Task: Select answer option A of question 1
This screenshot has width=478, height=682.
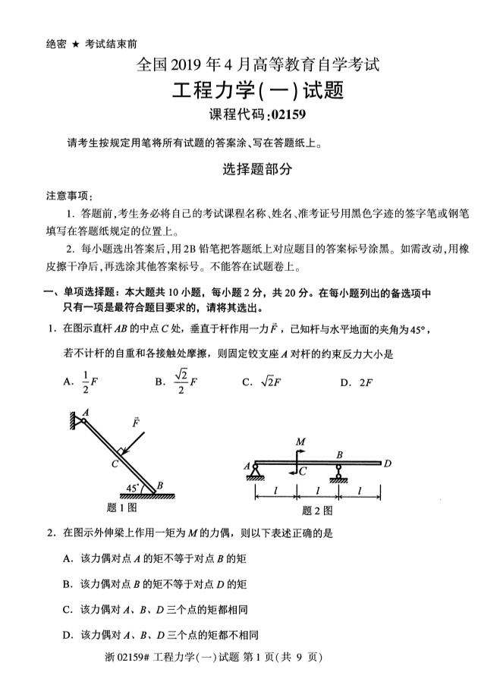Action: pyautogui.click(x=77, y=382)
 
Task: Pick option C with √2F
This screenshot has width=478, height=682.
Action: pyautogui.click(x=262, y=382)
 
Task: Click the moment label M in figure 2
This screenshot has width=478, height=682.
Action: pyautogui.click(x=300, y=441)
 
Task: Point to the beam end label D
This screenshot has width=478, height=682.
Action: pyautogui.click(x=388, y=462)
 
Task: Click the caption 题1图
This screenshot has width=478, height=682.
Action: pyautogui.click(x=123, y=508)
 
